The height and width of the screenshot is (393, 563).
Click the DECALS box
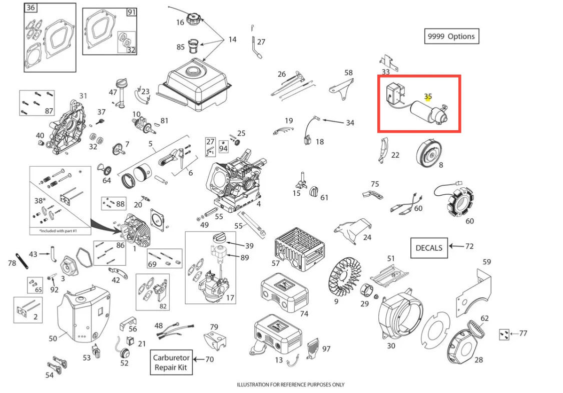pos(429,247)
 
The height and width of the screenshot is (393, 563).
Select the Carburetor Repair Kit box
pos(171,362)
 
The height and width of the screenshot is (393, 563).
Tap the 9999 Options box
pos(450,37)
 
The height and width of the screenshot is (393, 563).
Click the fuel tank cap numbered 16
pos(193,20)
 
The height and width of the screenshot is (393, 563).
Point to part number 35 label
pos(428,96)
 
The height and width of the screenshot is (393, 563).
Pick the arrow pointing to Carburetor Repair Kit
pos(199,359)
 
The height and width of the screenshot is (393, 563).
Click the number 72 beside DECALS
pos(469,246)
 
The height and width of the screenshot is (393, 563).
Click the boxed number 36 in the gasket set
pos(31,8)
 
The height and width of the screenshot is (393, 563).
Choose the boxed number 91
pos(131,13)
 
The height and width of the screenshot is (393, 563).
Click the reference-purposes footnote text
pos(290,384)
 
